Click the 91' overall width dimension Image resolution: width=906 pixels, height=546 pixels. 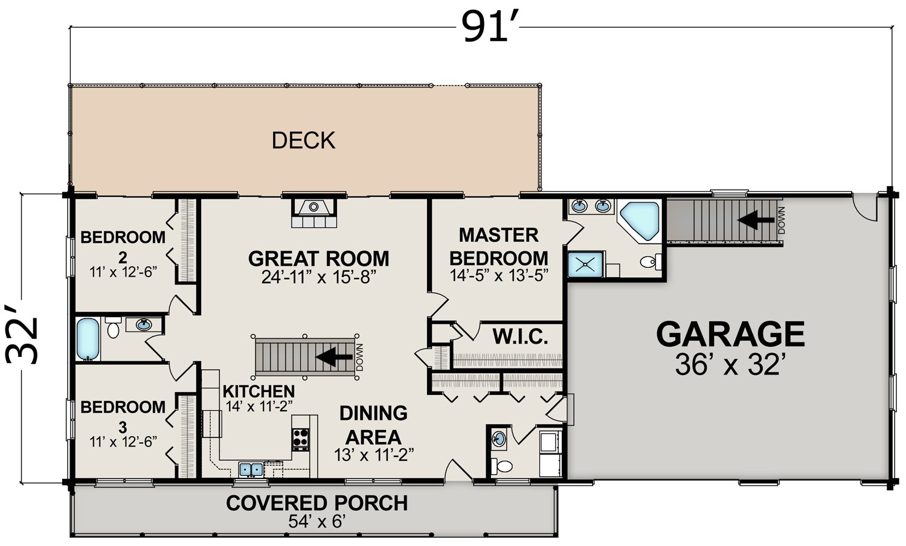[x=489, y=28]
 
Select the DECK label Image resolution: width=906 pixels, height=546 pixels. [x=303, y=140]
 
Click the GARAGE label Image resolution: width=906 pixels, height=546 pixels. [x=730, y=333]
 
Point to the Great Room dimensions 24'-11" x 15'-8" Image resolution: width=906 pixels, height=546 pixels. [x=319, y=278]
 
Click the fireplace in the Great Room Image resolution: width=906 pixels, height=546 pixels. [x=314, y=213]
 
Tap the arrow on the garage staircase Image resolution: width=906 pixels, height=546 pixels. [x=756, y=220]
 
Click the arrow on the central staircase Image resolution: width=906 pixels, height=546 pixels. [x=334, y=356]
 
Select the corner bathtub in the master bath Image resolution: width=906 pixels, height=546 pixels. [x=640, y=221]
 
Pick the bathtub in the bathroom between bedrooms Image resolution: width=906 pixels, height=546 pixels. [x=88, y=339]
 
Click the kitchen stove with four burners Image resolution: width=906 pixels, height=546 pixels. [x=301, y=439]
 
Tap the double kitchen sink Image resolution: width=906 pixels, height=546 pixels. [x=251, y=469]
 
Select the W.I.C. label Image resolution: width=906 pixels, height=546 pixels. [x=520, y=336]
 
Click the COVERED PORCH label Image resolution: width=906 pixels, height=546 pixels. [x=316, y=503]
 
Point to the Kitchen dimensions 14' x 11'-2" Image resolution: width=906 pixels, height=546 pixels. [x=259, y=406]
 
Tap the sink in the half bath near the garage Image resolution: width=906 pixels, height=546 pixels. [x=499, y=438]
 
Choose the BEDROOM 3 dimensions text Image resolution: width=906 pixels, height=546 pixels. [x=123, y=442]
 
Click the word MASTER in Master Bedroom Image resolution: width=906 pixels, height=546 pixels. [x=499, y=235]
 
